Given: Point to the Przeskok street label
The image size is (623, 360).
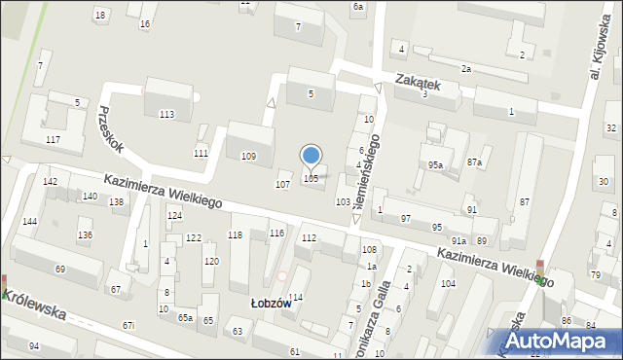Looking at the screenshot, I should click(x=110, y=129).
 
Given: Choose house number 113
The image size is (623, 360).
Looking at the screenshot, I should click(x=166, y=115).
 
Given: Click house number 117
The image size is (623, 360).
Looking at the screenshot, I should click(x=53, y=140).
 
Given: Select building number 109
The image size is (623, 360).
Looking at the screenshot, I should click(x=248, y=157).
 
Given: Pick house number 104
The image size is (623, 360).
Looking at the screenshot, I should click(x=448, y=283).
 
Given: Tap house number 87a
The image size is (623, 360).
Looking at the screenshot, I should click(x=474, y=162).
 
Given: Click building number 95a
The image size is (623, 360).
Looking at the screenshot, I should click(x=435, y=165).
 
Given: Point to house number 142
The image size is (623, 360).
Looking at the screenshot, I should click(x=50, y=182).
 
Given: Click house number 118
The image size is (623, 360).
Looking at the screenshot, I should click(x=235, y=234).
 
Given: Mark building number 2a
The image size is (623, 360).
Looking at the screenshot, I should click(x=466, y=69).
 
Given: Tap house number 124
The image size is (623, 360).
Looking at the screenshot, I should click(x=174, y=215).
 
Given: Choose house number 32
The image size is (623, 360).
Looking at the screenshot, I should click(x=610, y=128).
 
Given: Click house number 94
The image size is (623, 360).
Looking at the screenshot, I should click(x=34, y=346).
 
